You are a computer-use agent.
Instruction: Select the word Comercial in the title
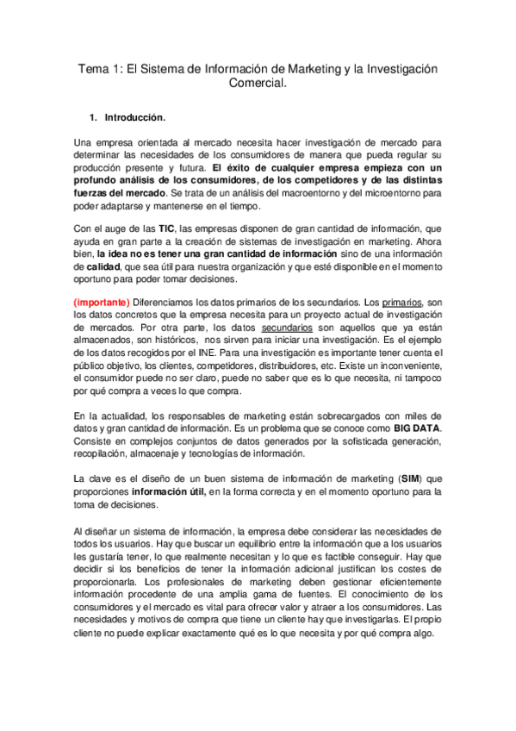(256, 84)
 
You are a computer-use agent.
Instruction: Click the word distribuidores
(298, 366)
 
